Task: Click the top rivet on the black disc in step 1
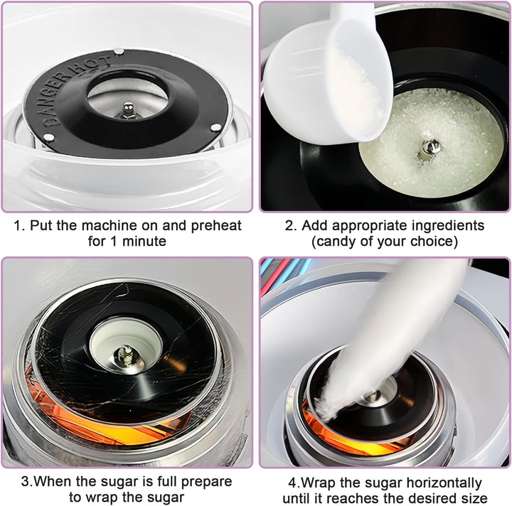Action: point(119,51)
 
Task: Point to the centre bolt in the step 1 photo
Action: point(128,110)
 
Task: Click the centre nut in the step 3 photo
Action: point(125,355)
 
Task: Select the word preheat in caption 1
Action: point(216,226)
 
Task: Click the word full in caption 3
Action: point(168,481)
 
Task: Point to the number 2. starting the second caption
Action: point(291,226)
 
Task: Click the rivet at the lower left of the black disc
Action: point(48,137)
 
